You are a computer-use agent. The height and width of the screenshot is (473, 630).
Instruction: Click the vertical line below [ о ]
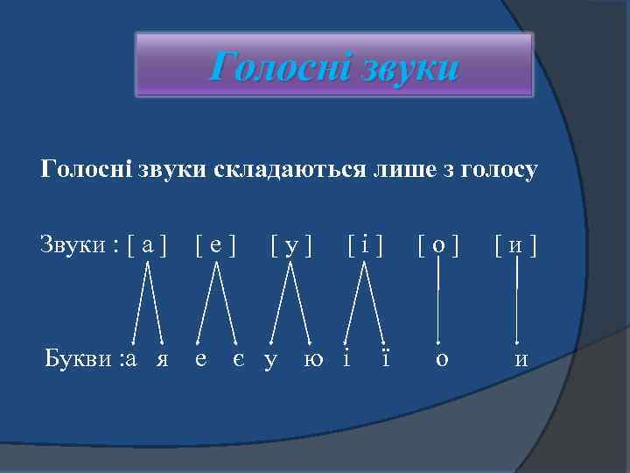(x=438, y=298)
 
